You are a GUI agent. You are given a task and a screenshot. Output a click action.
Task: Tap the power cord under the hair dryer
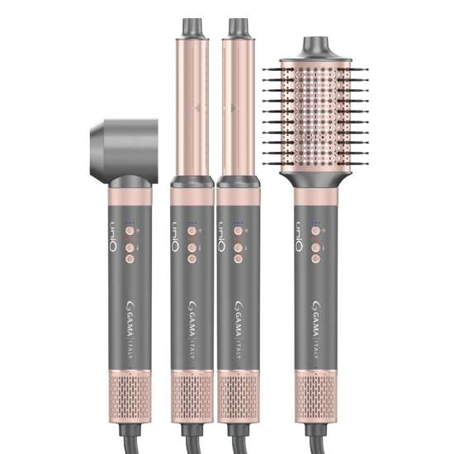click(x=132, y=437)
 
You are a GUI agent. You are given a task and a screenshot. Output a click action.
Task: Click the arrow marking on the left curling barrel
click(x=196, y=107)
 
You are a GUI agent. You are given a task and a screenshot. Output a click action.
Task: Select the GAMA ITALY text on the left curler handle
click(x=191, y=329)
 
